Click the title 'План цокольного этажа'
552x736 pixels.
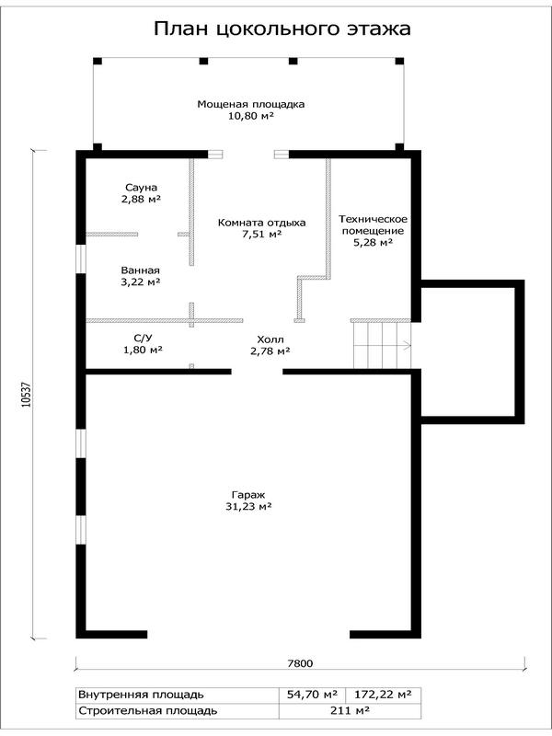(x=282, y=29)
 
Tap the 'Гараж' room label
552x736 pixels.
(x=248, y=495)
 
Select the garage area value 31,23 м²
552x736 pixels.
(x=248, y=507)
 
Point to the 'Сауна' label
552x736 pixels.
(x=141, y=188)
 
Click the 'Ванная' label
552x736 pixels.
(x=141, y=270)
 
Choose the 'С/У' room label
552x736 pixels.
(x=143, y=338)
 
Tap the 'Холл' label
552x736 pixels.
(x=270, y=339)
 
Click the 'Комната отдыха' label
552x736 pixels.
(x=261, y=223)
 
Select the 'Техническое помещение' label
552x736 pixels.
(x=374, y=224)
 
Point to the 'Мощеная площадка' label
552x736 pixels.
(x=250, y=104)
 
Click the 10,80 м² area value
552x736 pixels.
(x=250, y=116)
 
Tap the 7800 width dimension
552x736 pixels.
(x=300, y=663)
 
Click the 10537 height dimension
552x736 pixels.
(x=27, y=395)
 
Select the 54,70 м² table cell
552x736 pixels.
(x=312, y=695)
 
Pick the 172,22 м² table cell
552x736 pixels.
(x=383, y=695)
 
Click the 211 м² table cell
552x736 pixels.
(x=350, y=710)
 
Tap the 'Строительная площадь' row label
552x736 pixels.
(x=148, y=711)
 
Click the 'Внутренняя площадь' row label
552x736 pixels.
(x=141, y=695)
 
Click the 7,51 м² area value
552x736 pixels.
(x=261, y=235)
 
